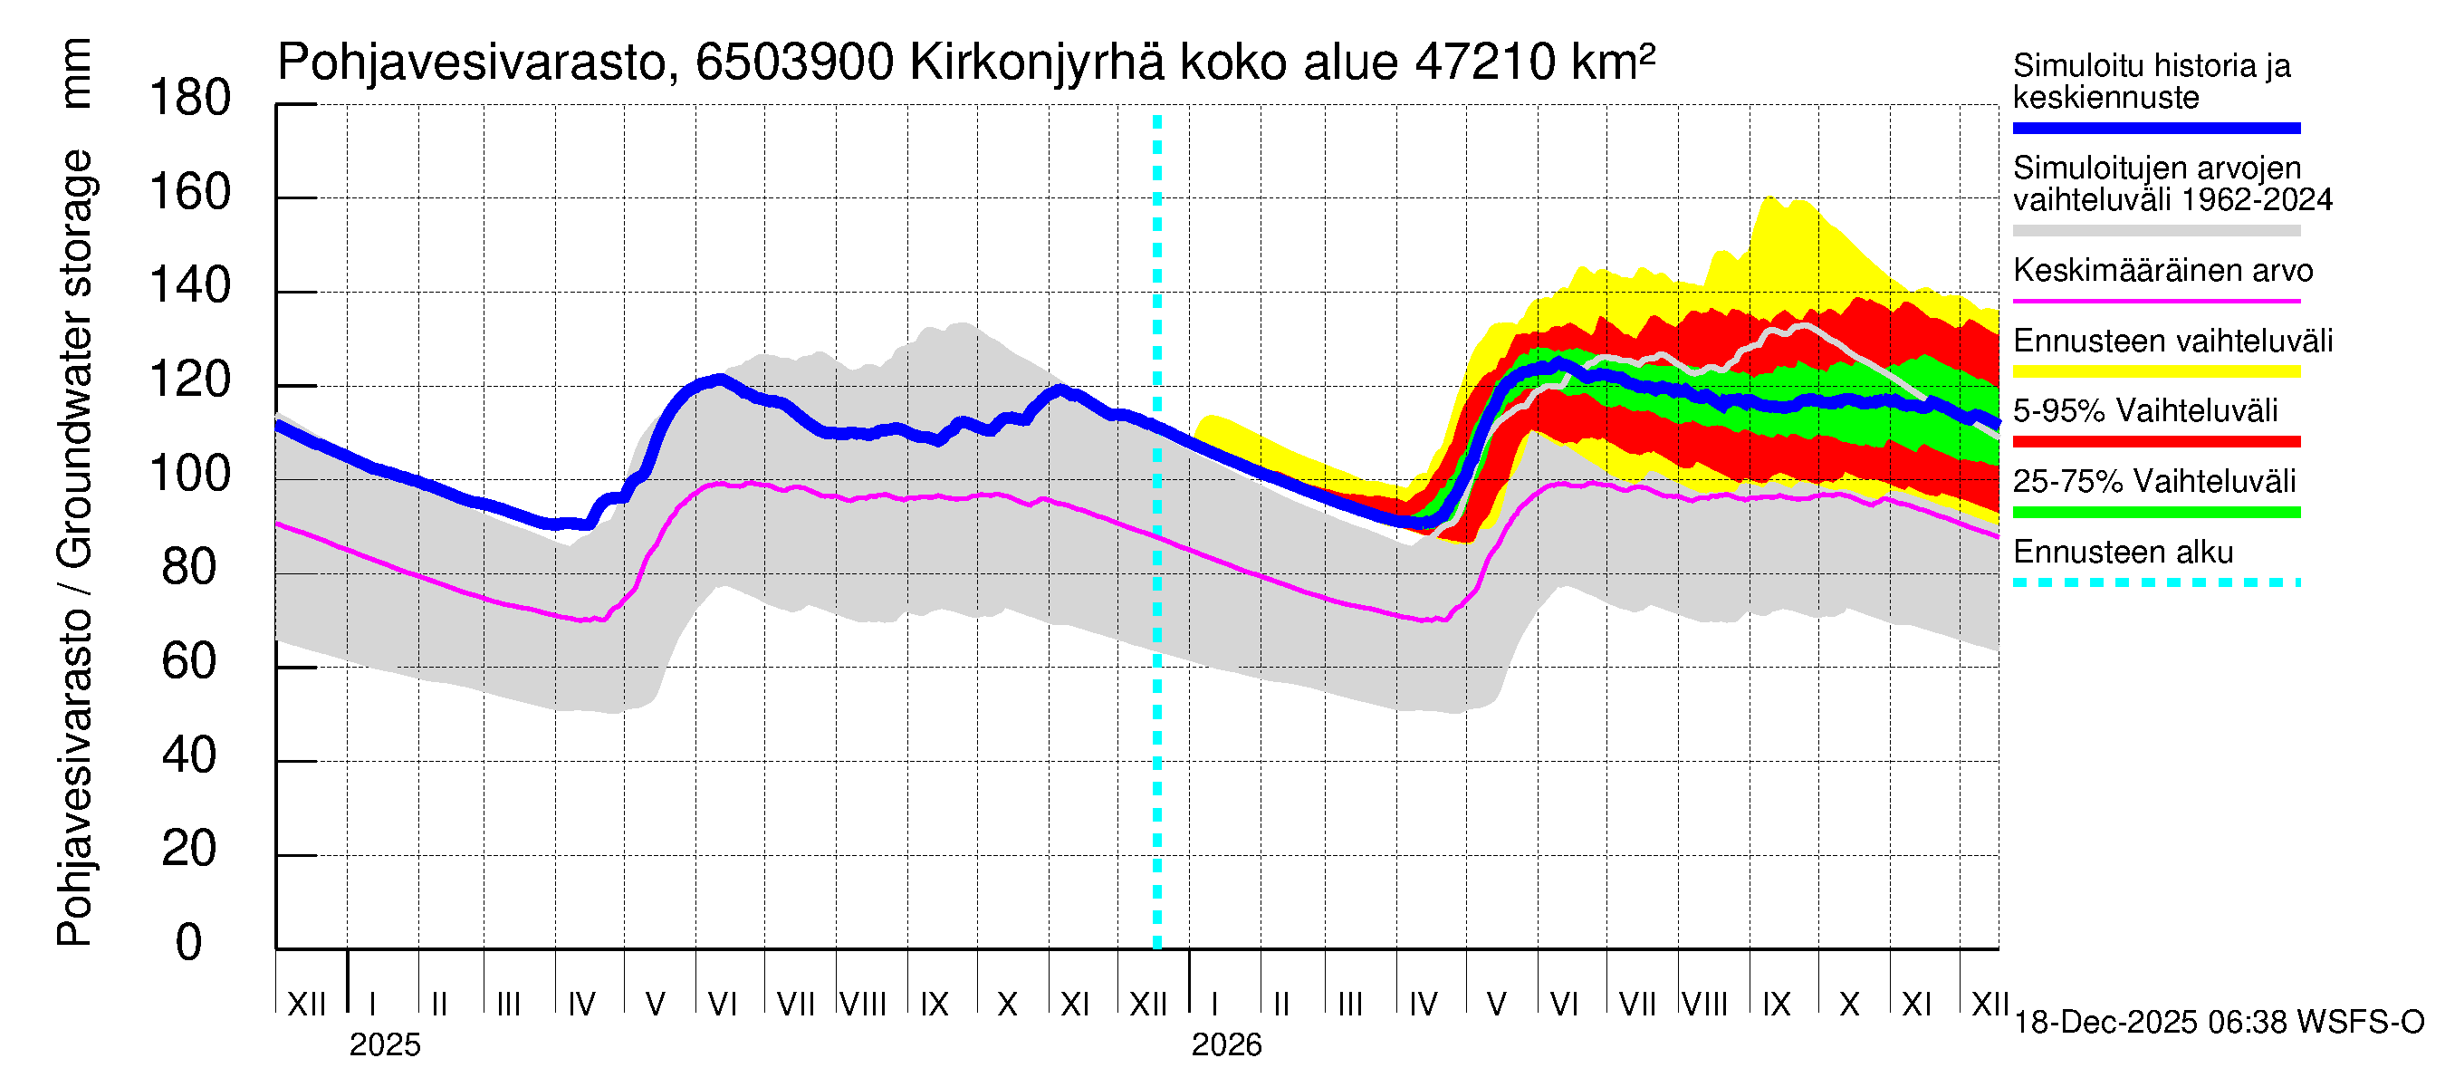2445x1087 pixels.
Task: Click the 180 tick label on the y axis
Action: (190, 99)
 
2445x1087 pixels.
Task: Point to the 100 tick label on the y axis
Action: (190, 474)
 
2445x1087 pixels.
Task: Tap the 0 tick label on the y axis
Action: (189, 943)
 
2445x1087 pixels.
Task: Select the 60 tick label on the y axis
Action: (190, 661)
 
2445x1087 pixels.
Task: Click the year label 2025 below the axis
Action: (384, 1045)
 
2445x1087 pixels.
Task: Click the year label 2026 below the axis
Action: (1226, 1045)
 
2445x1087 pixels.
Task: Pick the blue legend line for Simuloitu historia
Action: (2155, 128)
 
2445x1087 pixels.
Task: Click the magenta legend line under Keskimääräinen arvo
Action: (2155, 301)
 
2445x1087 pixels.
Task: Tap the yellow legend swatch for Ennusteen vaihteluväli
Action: (2155, 371)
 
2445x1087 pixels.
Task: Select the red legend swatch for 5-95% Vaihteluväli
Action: (2155, 441)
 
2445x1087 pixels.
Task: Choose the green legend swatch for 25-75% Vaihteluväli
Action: (2155, 513)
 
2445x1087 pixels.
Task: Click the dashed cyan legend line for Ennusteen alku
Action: (2155, 582)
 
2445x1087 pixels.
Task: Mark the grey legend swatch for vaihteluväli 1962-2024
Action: (2155, 231)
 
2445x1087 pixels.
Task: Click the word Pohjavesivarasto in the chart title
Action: (473, 63)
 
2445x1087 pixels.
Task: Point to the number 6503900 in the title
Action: (794, 63)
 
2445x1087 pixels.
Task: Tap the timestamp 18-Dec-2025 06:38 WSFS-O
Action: (2218, 1023)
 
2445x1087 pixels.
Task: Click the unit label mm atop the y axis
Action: (76, 74)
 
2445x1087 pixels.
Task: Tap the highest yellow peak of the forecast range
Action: (1769, 198)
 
